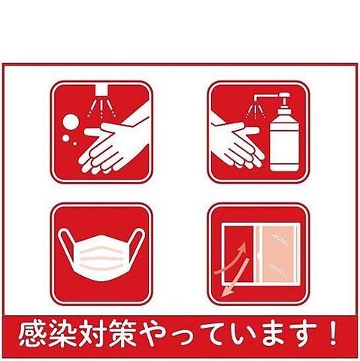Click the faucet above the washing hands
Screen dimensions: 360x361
(102, 90)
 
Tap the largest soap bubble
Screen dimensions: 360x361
(70, 122)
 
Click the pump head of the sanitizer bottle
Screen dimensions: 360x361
(284, 97)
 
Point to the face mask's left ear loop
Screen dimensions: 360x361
(65, 243)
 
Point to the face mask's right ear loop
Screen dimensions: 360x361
(138, 243)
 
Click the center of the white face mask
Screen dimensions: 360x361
(101, 257)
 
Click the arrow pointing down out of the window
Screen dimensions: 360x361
(235, 278)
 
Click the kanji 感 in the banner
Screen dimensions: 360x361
(32, 334)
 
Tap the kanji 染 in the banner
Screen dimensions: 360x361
(59, 334)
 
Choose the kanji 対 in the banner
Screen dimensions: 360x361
(88, 334)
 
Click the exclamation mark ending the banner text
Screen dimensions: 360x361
(333, 334)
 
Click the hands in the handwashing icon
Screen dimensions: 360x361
(113, 143)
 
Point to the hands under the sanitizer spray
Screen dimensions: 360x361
(237, 143)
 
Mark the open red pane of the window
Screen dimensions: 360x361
(238, 253)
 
